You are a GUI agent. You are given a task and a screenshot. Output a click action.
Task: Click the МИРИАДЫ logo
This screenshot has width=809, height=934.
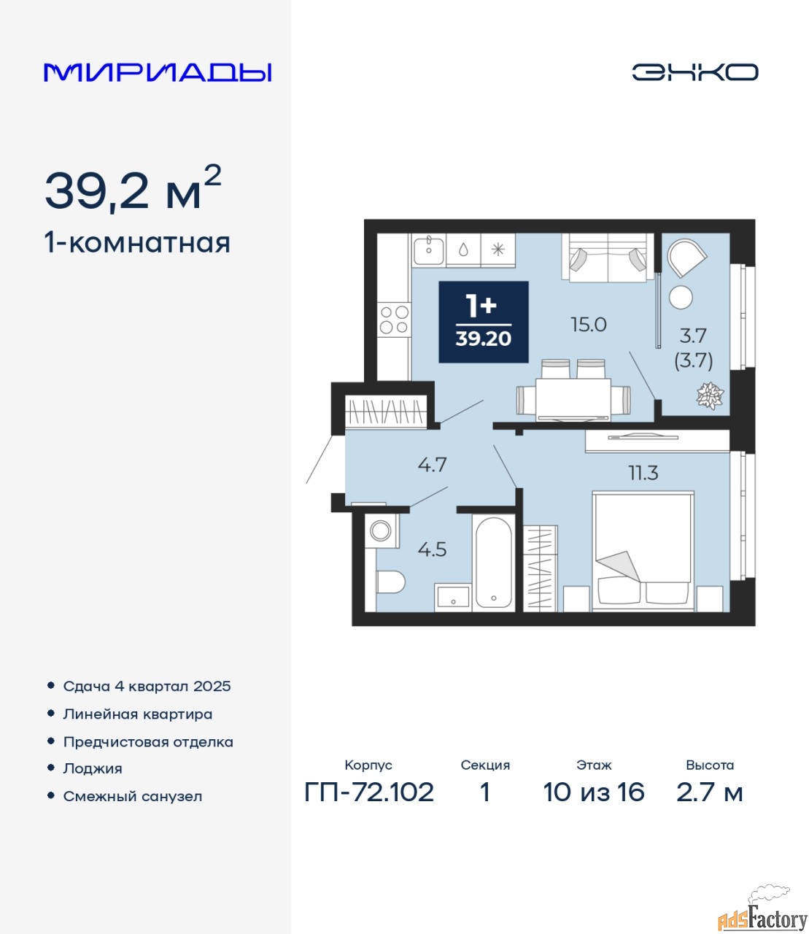158,72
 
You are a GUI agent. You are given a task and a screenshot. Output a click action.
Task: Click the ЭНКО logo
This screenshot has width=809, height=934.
694,72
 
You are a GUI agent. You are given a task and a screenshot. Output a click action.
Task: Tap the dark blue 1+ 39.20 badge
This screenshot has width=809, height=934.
484,322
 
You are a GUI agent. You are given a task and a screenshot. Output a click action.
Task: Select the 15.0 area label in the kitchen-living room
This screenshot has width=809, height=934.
588,325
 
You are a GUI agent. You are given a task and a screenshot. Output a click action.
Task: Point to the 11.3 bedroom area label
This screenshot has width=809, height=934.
643,473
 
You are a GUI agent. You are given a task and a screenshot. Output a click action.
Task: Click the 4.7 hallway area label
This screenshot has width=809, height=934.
433,465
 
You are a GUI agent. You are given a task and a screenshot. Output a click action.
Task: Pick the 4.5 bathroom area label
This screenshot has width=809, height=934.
433,550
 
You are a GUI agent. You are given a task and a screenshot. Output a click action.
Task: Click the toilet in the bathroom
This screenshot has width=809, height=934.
391,582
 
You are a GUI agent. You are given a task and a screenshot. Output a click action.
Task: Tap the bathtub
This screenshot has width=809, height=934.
493,563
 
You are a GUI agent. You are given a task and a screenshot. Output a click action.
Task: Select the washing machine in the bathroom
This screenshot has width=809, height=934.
382,530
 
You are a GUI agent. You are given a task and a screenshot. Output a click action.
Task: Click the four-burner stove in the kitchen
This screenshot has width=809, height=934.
394,319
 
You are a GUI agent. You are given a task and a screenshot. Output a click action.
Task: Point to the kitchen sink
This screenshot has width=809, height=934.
429,249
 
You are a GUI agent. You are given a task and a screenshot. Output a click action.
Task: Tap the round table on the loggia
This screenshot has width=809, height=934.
681,297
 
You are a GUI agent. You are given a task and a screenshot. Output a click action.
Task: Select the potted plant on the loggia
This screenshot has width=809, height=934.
710,396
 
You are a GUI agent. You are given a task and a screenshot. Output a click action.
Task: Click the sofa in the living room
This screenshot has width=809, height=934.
608,258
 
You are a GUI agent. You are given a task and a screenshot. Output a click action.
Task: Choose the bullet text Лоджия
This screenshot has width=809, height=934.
93,768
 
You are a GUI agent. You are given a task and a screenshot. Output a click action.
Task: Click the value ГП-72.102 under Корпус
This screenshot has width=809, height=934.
369,792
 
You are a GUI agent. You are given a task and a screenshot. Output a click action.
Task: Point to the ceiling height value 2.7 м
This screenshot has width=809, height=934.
709,792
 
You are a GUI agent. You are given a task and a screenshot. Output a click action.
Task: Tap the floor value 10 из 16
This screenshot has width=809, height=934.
594,792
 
